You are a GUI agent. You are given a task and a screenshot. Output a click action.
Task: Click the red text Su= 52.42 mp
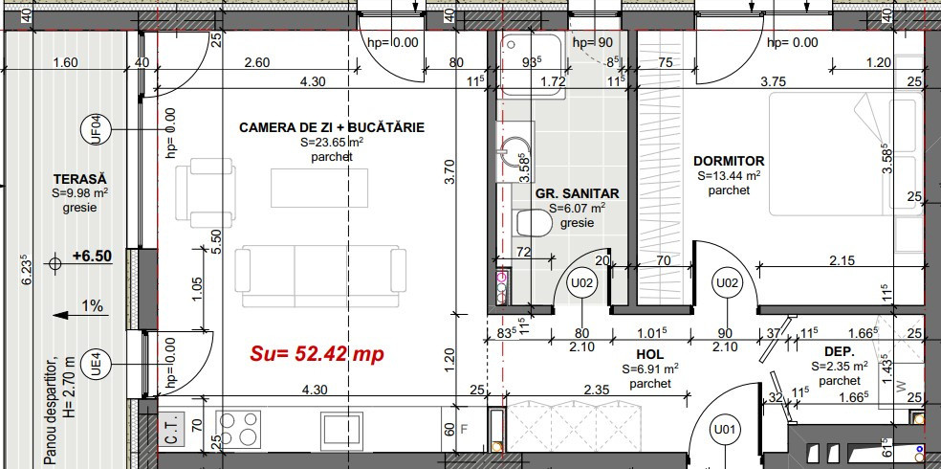tap(317, 353)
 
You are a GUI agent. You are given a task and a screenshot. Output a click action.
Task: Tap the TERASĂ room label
tap(79, 179)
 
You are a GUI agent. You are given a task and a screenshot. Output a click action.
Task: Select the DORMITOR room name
tap(729, 161)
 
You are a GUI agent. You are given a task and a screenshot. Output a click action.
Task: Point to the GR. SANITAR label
tap(577, 193)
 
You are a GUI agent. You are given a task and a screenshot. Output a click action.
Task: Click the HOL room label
tap(650, 352)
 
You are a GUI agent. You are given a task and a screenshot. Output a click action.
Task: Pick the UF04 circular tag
tap(96, 128)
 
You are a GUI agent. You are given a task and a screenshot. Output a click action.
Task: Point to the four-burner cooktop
tap(238, 427)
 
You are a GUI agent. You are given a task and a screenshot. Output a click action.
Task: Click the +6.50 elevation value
tap(94, 257)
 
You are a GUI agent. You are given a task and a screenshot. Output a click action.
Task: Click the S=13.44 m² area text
tap(729, 176)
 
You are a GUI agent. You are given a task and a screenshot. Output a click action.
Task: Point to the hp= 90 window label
tap(593, 43)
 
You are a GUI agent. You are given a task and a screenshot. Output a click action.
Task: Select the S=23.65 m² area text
tap(331, 143)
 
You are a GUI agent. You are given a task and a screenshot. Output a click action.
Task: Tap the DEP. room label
tap(825, 351)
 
